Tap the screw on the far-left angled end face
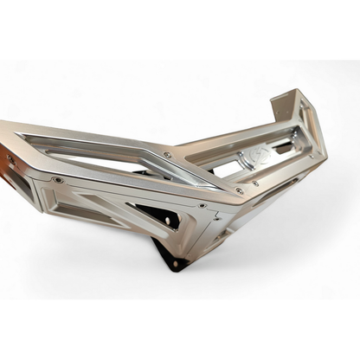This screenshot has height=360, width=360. (x=11, y=160)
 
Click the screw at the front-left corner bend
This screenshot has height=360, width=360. (x=57, y=180)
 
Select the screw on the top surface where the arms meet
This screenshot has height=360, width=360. (x=168, y=155)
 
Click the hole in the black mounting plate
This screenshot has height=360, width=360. (x=175, y=262)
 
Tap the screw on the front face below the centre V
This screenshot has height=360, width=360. (x=201, y=206)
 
